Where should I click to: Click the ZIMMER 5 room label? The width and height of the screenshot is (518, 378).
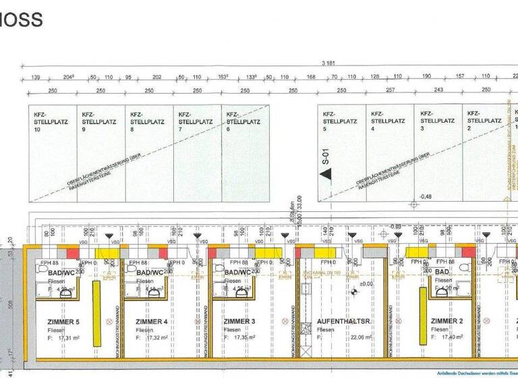point(63,322)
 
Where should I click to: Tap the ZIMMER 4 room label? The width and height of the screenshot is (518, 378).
point(152,322)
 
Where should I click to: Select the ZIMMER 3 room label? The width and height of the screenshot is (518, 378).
point(240,322)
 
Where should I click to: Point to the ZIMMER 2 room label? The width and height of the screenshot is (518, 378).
point(447,322)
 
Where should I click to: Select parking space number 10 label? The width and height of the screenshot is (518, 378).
point(37,130)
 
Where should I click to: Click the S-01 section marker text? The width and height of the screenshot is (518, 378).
point(325,157)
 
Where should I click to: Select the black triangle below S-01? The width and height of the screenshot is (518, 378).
point(326,175)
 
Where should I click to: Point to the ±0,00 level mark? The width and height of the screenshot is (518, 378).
point(365,283)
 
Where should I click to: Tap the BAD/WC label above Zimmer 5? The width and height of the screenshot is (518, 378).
point(63,273)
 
